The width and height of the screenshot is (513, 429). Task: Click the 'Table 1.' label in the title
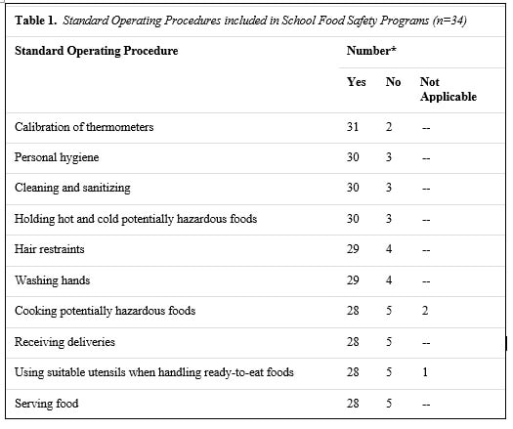[x=35, y=21]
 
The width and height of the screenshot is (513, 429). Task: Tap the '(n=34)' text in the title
[x=449, y=21]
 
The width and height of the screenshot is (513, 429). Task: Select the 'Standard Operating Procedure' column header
[x=97, y=51]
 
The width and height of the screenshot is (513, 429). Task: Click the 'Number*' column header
[x=371, y=51]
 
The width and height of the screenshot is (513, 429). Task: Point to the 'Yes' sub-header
[x=357, y=82]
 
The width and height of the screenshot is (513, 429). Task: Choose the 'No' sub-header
[x=393, y=82]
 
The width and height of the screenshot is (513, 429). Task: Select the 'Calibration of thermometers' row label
[x=84, y=127]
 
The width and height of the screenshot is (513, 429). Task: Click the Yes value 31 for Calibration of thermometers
[x=353, y=127]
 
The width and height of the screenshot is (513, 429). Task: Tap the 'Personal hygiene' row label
[x=57, y=157]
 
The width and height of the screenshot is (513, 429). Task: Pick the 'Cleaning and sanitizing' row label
[x=72, y=189]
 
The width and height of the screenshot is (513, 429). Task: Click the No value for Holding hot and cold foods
[x=389, y=219]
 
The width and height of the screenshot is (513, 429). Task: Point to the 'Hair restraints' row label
[x=50, y=249]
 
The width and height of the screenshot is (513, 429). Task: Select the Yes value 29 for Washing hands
[x=353, y=280]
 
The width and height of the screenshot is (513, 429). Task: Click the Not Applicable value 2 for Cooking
[x=425, y=311]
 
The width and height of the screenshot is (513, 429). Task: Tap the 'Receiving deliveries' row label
[x=64, y=342]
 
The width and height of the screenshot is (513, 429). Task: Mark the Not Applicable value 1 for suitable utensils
[x=425, y=372]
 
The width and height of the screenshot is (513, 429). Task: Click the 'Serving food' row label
[x=47, y=404]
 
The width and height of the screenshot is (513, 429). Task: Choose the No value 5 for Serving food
[x=389, y=403]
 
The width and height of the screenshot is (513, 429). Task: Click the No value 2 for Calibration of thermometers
[x=389, y=127]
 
